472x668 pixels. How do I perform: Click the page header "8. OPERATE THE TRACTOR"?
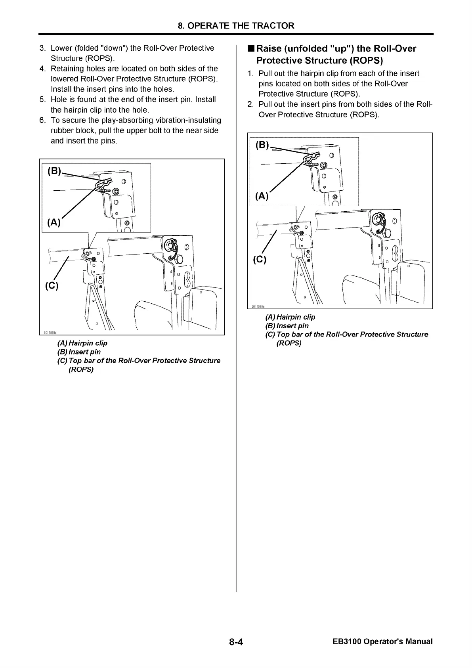click(x=236, y=26)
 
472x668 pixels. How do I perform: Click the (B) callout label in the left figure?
click(x=54, y=171)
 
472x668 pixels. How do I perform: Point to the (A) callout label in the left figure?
click(x=54, y=222)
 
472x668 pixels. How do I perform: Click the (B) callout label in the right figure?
click(x=262, y=145)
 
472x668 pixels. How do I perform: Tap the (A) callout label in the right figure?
click(x=262, y=196)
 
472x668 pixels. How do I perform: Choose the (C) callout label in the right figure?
click(x=260, y=260)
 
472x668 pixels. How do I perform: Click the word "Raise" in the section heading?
click(x=269, y=49)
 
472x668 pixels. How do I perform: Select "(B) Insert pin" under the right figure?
click(x=287, y=326)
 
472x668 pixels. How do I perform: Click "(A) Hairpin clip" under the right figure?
click(x=290, y=317)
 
